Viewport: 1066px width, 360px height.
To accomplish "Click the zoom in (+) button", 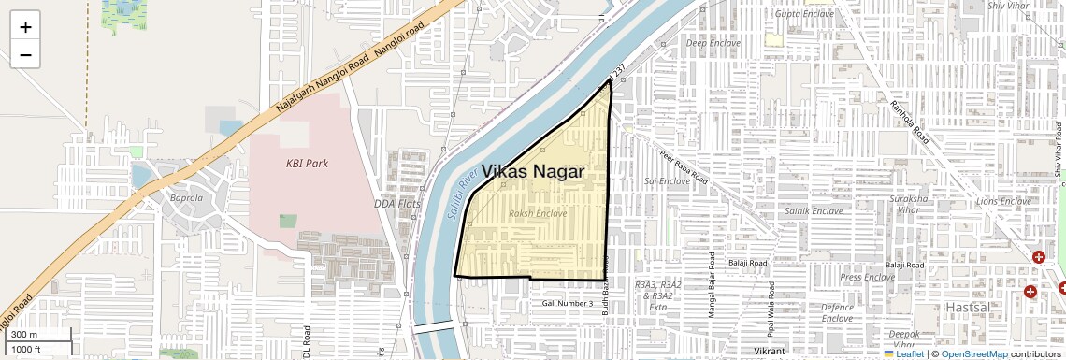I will click(25, 27).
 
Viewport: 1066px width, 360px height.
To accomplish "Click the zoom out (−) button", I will click(25, 54).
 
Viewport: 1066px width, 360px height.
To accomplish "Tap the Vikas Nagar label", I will click(533, 172).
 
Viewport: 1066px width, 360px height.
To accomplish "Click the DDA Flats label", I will click(397, 203).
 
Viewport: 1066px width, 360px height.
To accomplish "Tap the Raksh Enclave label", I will click(538, 214).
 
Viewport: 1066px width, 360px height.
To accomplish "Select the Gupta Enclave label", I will click(804, 14).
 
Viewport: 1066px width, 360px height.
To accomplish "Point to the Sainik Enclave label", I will click(814, 211).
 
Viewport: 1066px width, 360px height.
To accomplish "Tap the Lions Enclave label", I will click(1003, 201).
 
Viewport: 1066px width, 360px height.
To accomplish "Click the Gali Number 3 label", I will click(568, 304).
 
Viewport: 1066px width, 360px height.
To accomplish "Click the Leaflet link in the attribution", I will click(903, 353).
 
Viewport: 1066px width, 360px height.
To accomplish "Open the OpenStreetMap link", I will click(973, 353).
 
